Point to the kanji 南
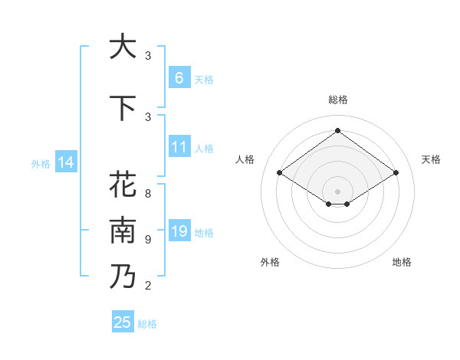123,230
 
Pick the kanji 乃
123,277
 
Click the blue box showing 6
179,77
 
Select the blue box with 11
179,146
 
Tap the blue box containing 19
179,231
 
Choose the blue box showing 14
65,162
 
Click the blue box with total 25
123,322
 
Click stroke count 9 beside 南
148,240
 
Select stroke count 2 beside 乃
148,286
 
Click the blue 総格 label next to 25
147,324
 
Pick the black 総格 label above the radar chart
337,100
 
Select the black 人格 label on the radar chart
245,159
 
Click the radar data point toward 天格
396,173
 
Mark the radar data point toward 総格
337,130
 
